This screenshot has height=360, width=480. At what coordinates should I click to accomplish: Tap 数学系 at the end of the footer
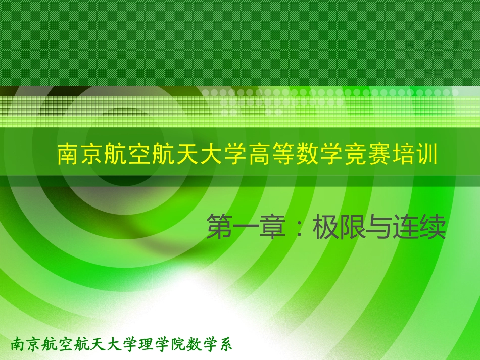pyautogui.click(x=209, y=345)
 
